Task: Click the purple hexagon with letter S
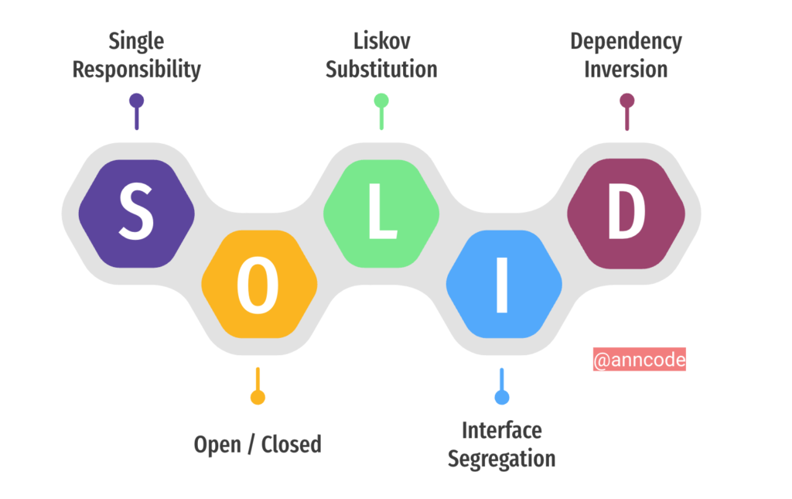tap(136, 213)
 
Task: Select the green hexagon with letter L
tap(381, 213)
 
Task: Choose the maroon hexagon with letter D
tap(626, 213)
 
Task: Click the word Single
tap(136, 40)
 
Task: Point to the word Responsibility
tap(136, 69)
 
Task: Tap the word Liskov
tap(381, 40)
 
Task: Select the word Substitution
tap(381, 69)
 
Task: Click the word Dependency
tap(626, 40)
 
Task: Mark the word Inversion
tap(626, 69)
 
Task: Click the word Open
tap(217, 445)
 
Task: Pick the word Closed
tap(291, 445)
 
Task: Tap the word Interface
tap(501, 429)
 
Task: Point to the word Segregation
tap(501, 458)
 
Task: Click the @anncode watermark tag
tap(639, 360)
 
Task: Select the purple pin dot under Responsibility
tap(137, 101)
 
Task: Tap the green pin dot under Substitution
tap(381, 101)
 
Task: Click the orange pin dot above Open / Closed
tap(258, 397)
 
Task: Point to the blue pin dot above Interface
tap(502, 397)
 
